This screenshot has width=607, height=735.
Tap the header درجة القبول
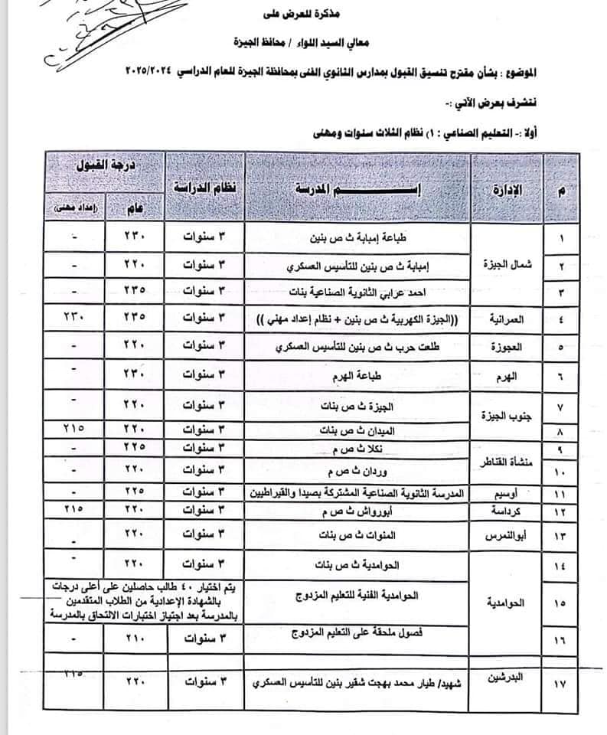click(x=103, y=168)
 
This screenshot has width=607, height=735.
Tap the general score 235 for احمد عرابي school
click(x=135, y=292)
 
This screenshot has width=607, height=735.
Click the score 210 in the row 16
click(x=135, y=637)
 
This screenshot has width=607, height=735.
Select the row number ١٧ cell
click(x=563, y=682)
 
